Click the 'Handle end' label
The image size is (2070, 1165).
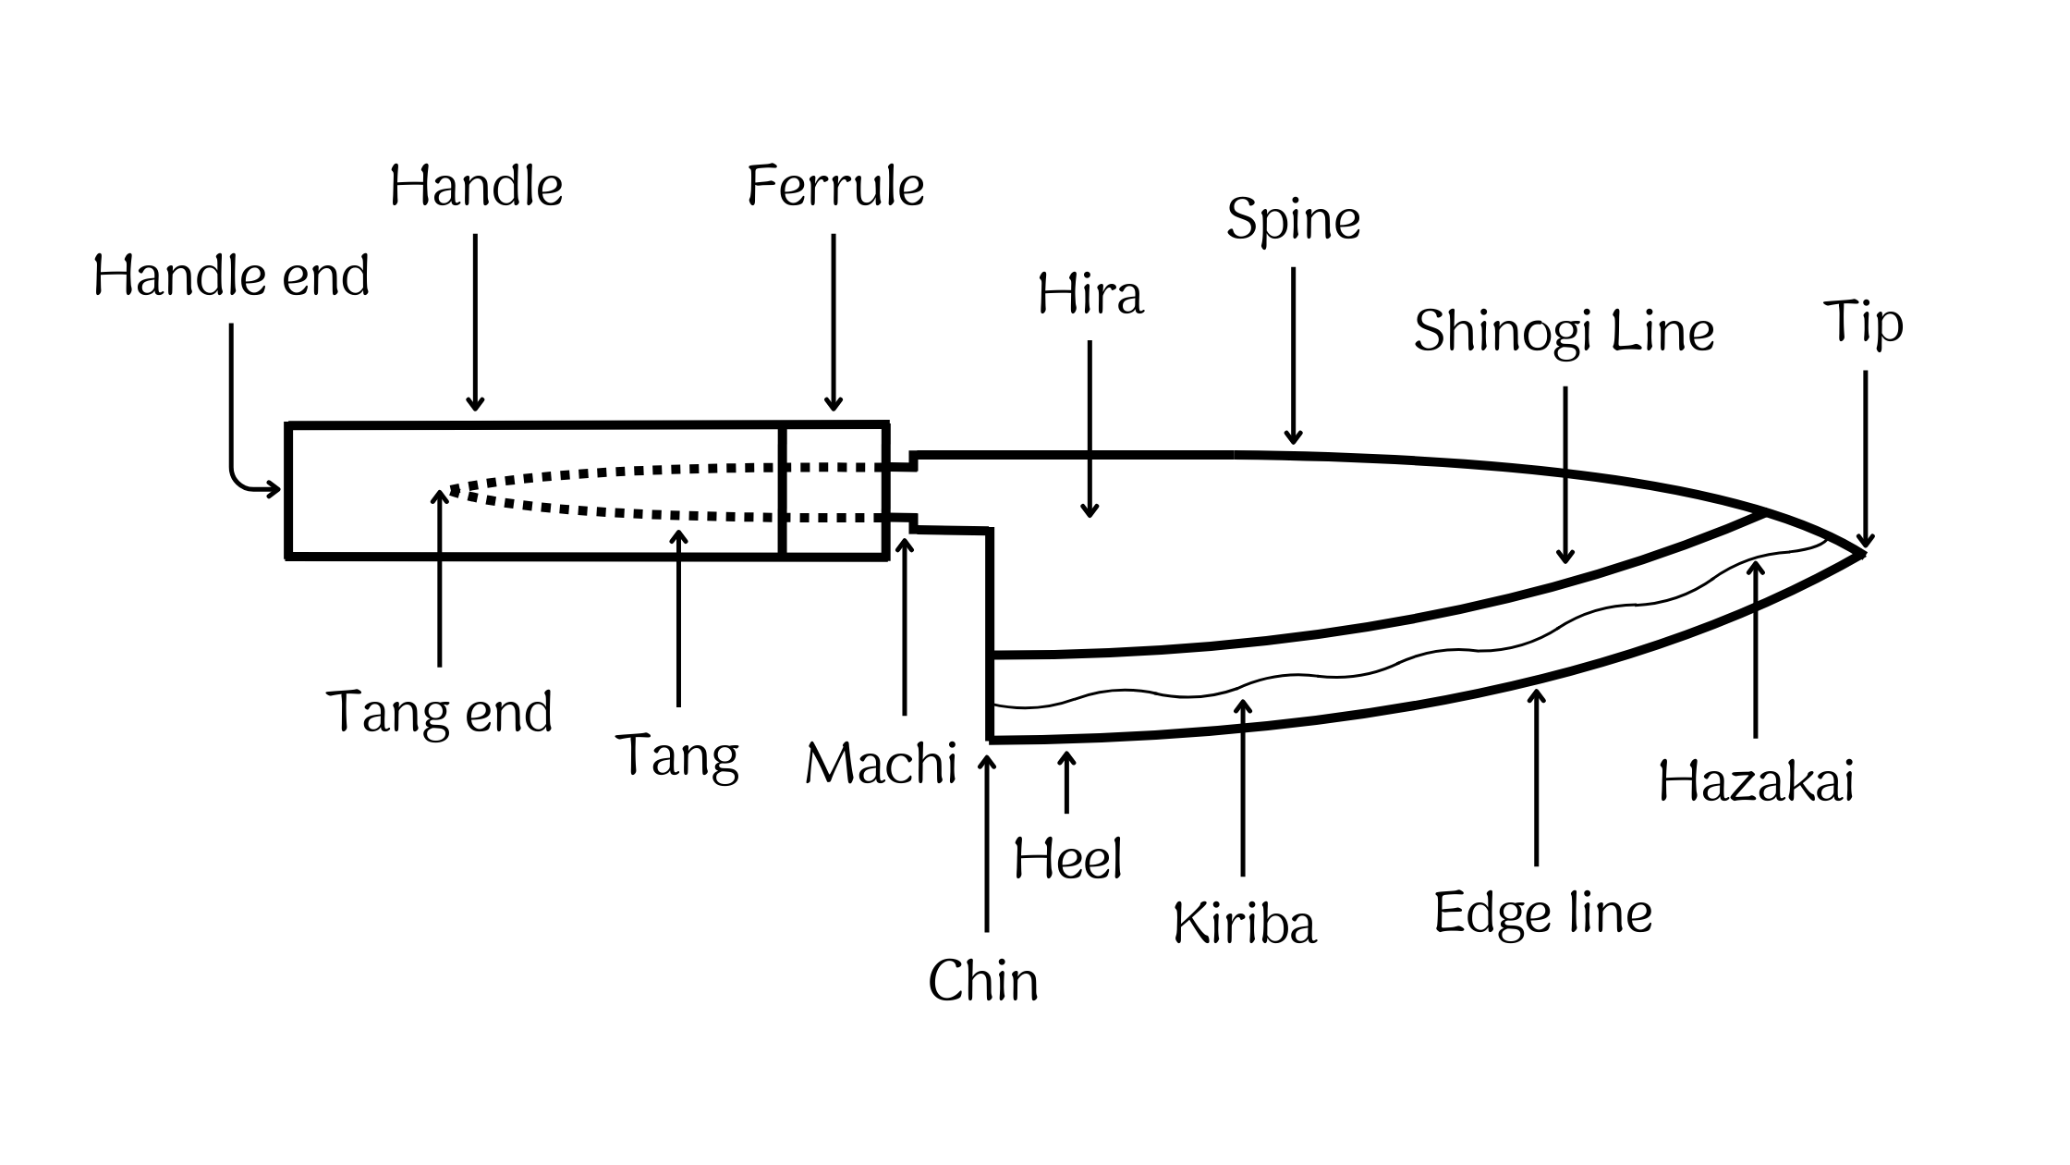[231, 276]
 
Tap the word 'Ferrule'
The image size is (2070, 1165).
[835, 187]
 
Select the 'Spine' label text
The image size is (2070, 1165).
[1293, 222]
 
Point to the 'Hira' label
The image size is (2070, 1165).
[1090, 296]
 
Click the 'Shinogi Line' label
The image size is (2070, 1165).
[1564, 333]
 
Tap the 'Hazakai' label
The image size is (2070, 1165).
[1756, 782]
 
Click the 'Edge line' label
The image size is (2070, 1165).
[1542, 914]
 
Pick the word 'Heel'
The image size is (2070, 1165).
[1067, 859]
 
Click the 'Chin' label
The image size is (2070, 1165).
[983, 981]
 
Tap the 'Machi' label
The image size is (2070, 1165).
[881, 765]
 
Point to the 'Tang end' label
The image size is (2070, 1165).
[440, 713]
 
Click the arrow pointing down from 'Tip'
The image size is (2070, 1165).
[1865, 458]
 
